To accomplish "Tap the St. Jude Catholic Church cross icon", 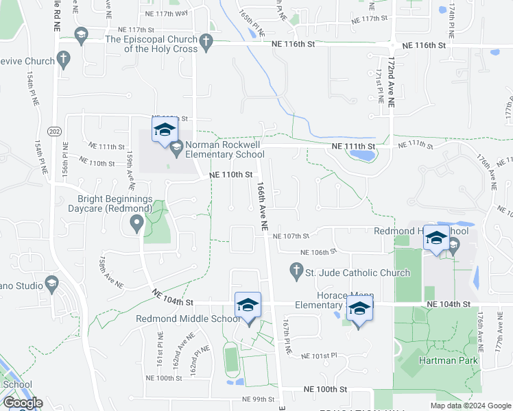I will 296,272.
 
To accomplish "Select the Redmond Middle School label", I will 188,319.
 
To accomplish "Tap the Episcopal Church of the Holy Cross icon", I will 204,44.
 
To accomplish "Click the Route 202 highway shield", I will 54,130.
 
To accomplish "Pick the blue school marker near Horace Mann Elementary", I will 359,309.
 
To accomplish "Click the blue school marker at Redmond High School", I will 436,238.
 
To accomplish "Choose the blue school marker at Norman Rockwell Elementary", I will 165,130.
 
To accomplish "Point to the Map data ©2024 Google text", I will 470,406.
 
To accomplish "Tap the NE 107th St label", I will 291,236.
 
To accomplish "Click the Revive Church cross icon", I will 64,60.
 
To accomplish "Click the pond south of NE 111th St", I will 361,154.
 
